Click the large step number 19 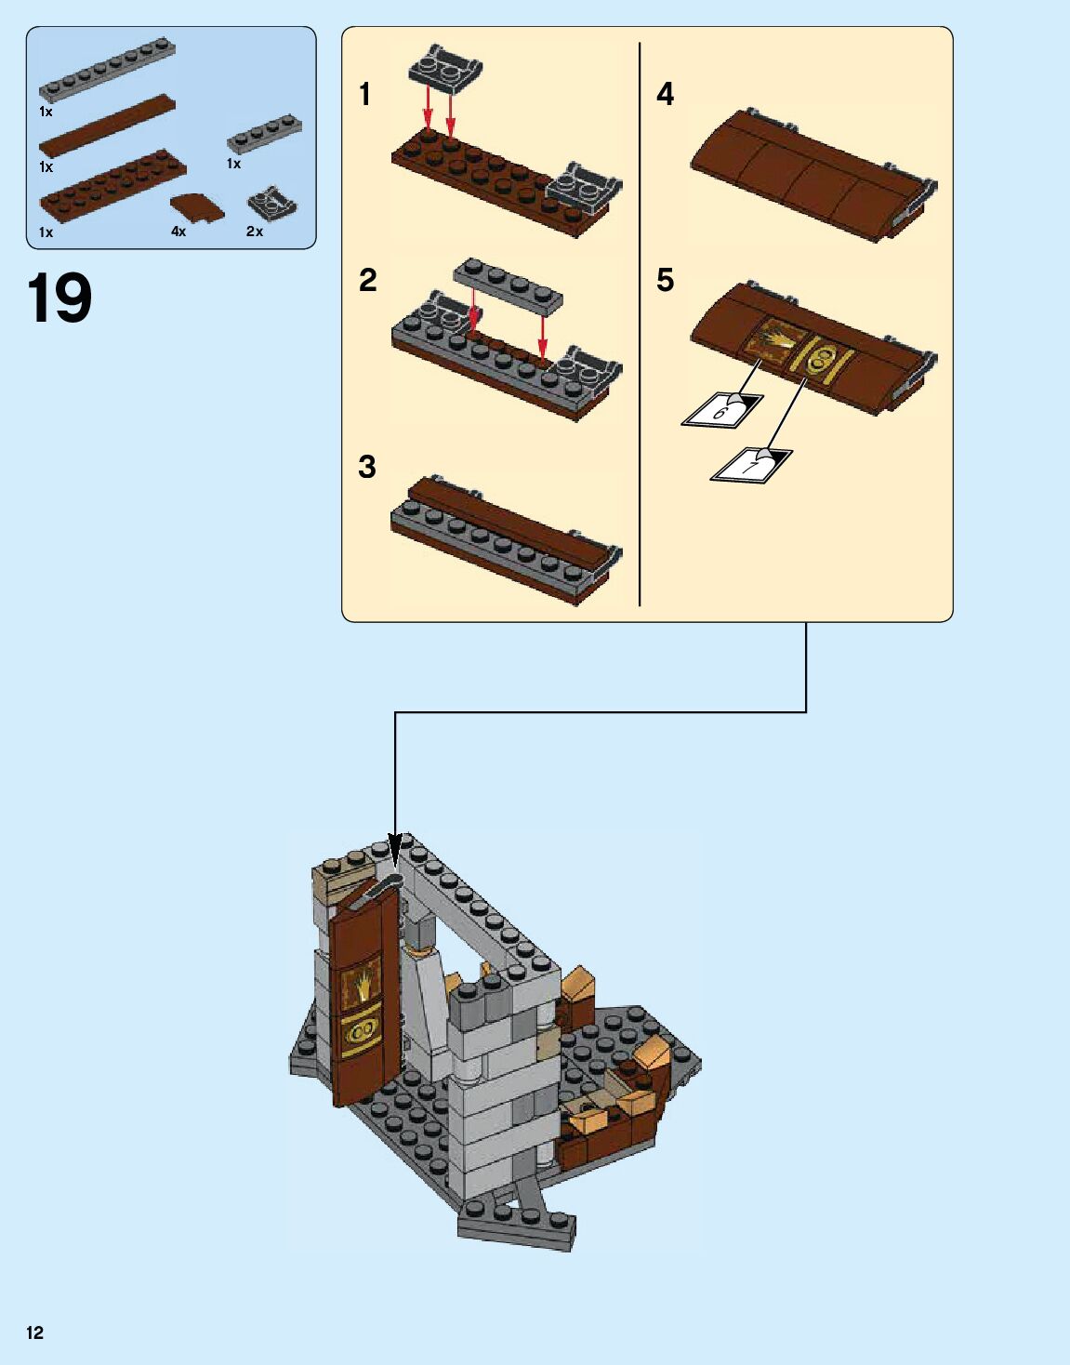tap(59, 298)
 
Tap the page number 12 tap(35, 1332)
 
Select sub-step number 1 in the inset tap(364, 95)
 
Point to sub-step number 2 tap(368, 280)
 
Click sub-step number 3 tap(367, 467)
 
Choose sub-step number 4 tap(665, 94)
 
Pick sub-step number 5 tap(665, 280)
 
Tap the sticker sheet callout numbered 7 tap(751, 465)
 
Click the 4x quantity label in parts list tap(178, 232)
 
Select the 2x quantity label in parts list tap(255, 232)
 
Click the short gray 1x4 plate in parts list tap(264, 134)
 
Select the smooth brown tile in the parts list tap(108, 126)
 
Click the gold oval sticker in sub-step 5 tap(819, 361)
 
